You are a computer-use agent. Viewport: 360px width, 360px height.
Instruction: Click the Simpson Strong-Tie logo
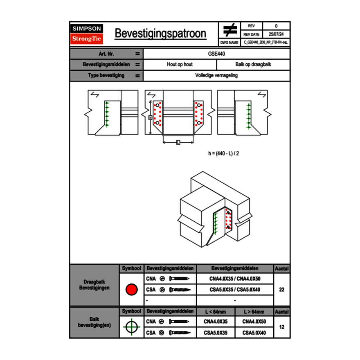(x=87, y=34)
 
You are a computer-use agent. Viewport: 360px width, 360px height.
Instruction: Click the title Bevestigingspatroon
(x=160, y=34)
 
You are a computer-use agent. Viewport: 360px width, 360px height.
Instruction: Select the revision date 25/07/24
(x=276, y=34)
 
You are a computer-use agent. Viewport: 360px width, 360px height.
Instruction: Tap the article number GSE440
(x=216, y=54)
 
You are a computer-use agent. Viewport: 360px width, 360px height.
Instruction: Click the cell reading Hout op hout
(x=180, y=65)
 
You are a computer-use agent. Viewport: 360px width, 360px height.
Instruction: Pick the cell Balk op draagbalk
(x=253, y=65)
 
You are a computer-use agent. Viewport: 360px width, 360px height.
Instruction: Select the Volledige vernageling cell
(x=216, y=76)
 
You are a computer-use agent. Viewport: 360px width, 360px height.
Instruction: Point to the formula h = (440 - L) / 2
(x=224, y=154)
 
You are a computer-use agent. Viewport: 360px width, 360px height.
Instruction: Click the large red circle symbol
(x=131, y=290)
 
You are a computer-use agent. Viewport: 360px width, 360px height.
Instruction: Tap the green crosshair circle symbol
(x=131, y=327)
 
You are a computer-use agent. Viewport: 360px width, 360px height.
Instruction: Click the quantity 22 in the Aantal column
(x=281, y=290)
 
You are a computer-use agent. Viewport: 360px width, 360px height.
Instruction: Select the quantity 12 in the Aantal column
(x=281, y=327)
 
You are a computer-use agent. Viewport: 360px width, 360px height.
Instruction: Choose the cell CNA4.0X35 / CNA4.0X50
(x=235, y=279)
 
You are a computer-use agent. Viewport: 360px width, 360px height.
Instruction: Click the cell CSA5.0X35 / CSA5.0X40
(x=235, y=290)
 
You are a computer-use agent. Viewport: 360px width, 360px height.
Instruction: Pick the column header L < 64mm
(x=216, y=312)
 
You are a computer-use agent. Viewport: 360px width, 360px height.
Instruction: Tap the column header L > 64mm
(x=254, y=312)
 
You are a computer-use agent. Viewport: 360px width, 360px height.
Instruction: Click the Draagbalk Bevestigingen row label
(x=94, y=285)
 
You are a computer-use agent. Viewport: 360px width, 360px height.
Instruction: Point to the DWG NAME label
(x=229, y=42)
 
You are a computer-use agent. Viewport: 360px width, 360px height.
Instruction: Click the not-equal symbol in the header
(x=230, y=30)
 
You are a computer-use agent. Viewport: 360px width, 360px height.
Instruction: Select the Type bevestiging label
(x=106, y=76)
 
